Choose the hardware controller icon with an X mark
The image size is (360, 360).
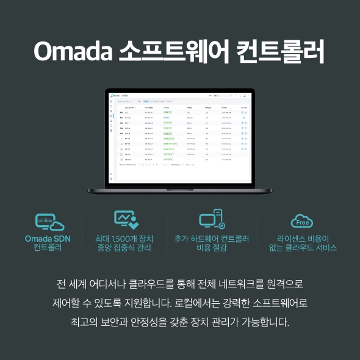point(212,220)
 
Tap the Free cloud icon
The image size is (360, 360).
point(302,220)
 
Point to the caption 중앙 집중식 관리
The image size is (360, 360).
point(124,248)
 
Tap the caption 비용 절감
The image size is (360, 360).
point(212,248)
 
